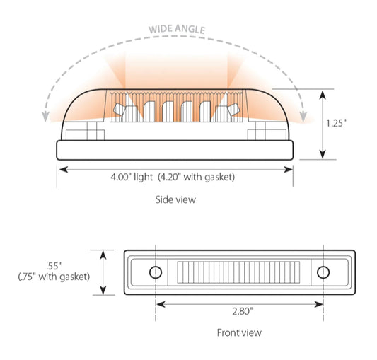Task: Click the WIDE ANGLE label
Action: tap(176, 30)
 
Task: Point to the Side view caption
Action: tap(175, 200)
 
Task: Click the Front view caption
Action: tap(238, 332)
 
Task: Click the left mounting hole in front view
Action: tap(156, 272)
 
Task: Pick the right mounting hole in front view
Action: tap(323, 272)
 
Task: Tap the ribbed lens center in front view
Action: tap(239, 272)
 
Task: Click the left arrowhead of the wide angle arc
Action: tap(47, 114)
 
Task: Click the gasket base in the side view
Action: tap(175, 150)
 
